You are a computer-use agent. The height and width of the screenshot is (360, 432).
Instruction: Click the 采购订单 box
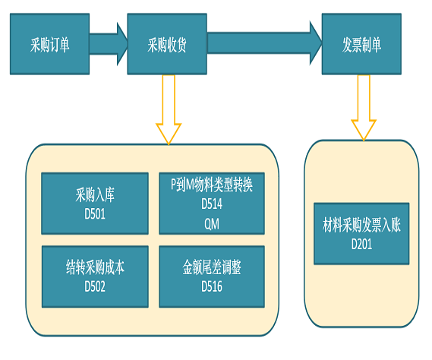(49, 44)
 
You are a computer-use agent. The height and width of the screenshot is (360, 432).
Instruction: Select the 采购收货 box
(167, 44)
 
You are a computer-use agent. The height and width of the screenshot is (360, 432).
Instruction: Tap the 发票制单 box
(361, 44)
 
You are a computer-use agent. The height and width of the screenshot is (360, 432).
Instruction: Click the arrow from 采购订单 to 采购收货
(109, 44)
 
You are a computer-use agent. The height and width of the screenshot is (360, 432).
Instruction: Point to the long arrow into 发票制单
(264, 43)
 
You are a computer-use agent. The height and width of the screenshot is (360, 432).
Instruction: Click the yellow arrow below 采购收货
(169, 109)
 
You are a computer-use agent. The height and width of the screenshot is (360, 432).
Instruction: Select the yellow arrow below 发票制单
(364, 108)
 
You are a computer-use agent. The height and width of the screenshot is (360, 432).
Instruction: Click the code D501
(95, 214)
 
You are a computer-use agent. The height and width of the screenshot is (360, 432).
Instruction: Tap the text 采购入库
(95, 194)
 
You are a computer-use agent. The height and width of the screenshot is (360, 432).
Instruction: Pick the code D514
(212, 204)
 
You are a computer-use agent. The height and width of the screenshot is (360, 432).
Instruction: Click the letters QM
(212, 224)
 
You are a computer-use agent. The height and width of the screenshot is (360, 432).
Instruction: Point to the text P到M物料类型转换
(212, 185)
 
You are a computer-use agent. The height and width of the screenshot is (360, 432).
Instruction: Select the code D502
(95, 286)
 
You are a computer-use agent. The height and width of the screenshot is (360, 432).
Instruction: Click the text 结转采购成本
(95, 267)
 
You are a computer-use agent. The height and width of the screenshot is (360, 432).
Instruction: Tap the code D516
(212, 286)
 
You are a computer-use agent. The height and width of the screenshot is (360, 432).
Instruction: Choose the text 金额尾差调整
(212, 267)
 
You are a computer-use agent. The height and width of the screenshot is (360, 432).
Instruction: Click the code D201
(361, 245)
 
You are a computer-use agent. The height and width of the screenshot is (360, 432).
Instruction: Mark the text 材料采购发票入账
(361, 225)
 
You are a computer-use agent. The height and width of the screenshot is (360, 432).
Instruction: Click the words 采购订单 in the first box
(49, 45)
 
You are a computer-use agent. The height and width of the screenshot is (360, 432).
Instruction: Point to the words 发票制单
(361, 45)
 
